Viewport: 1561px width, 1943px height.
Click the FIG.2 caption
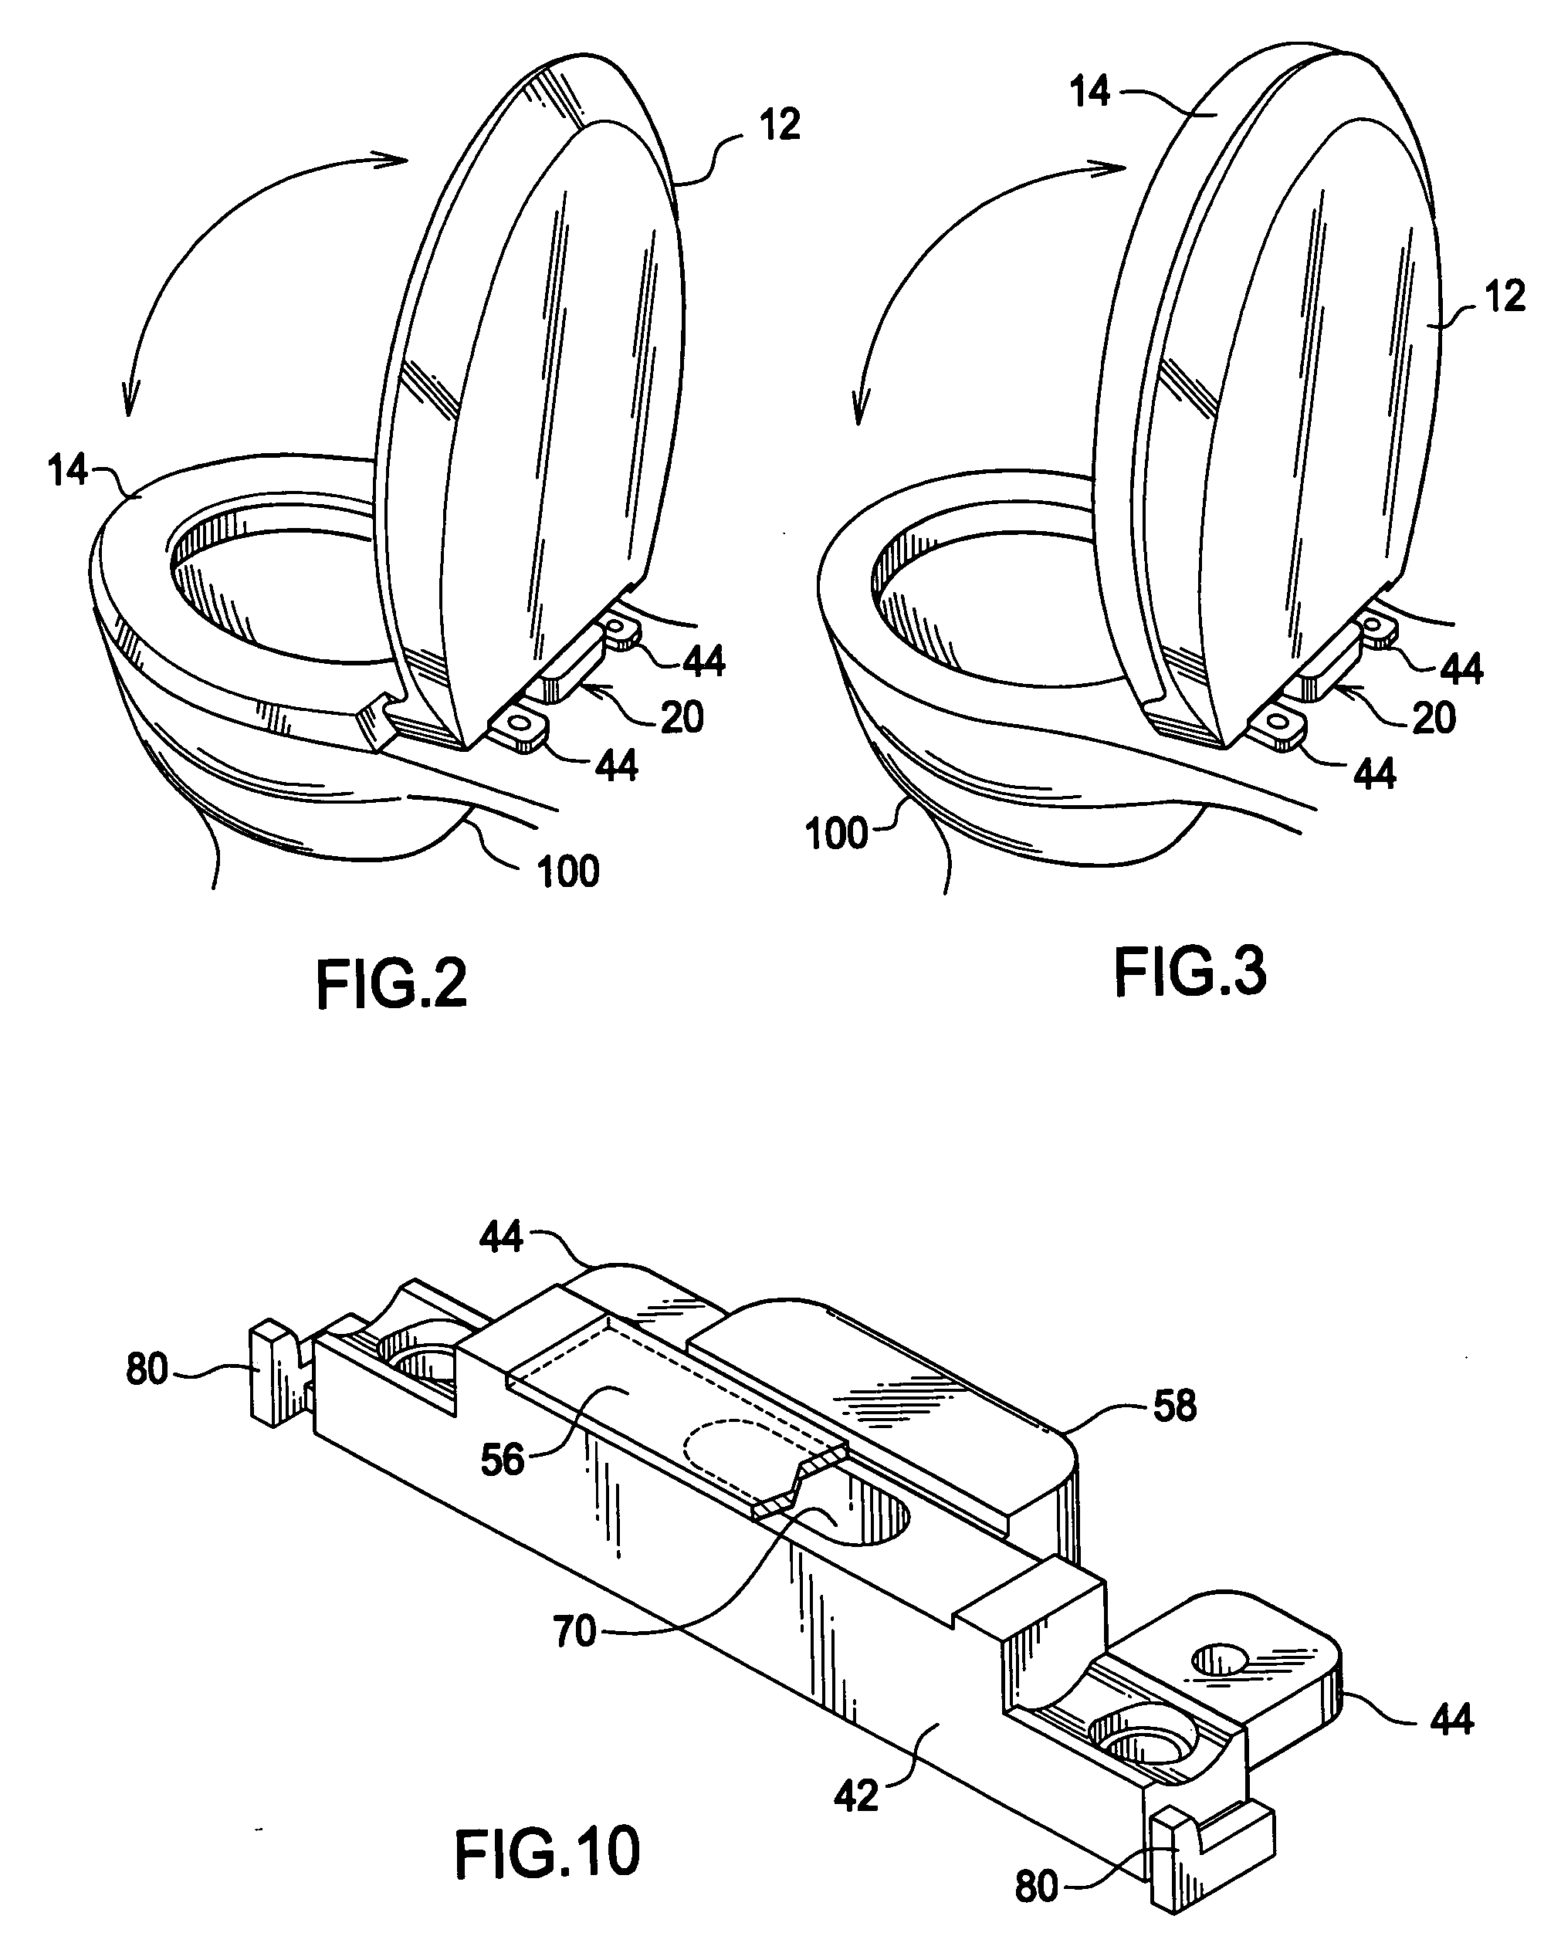click(392, 985)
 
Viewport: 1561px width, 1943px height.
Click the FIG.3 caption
click(1190, 971)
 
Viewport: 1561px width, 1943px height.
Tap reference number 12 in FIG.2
click(780, 125)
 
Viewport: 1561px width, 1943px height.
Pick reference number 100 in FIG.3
click(836, 834)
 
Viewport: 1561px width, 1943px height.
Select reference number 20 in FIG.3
click(1433, 718)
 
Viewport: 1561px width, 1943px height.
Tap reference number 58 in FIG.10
click(1174, 1405)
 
